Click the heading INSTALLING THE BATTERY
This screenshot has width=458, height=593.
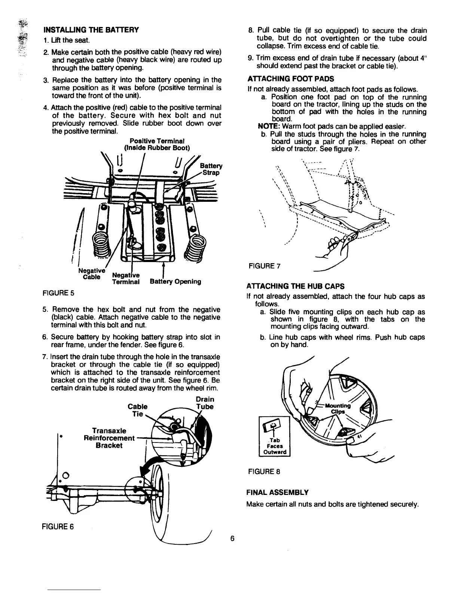coord(91,30)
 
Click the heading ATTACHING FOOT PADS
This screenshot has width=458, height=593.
coord(290,79)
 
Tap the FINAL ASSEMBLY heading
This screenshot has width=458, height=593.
coord(277,492)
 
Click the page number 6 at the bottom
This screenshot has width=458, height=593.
coord(232,539)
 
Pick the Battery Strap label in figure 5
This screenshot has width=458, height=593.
coord(211,169)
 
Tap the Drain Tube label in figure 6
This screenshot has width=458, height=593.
coord(205,403)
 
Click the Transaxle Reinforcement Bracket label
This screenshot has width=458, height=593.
coord(109,438)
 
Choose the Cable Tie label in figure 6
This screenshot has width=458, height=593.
coord(137,410)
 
